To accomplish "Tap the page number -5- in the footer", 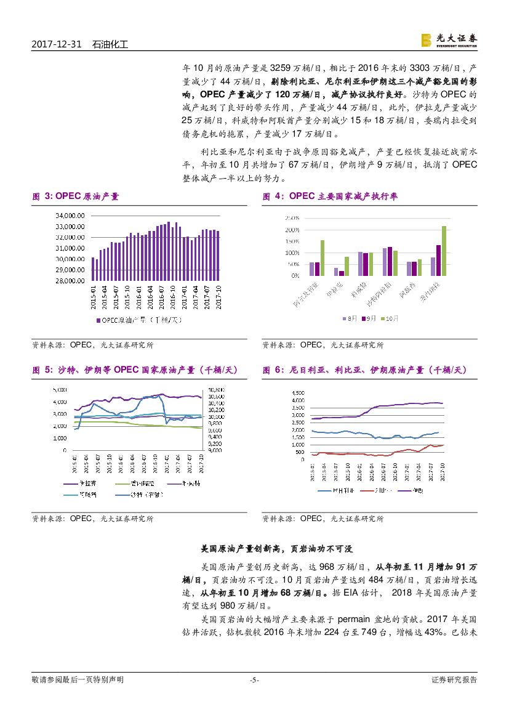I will click(x=254, y=680).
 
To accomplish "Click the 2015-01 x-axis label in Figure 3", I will click(x=94, y=294).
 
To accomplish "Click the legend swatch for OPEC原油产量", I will click(x=98, y=320).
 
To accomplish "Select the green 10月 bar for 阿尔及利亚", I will click(x=322, y=258).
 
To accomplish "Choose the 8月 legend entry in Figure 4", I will click(x=348, y=318).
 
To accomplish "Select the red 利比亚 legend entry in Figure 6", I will click(x=375, y=490).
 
